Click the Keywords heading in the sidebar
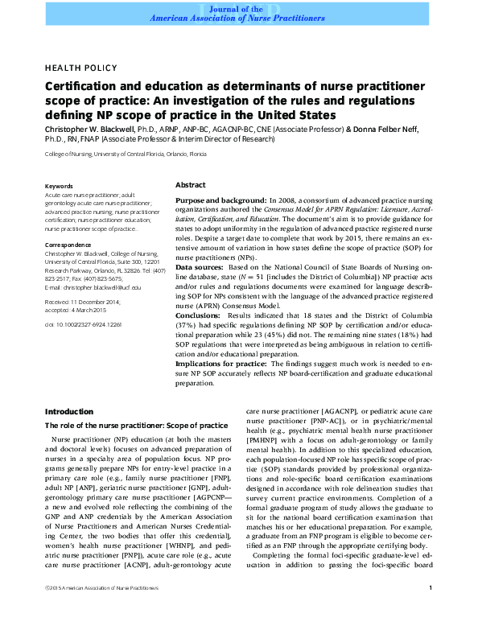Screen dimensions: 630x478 pos(60,185)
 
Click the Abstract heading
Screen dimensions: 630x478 pos(190,184)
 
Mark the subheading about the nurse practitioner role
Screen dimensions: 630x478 pos(136,425)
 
